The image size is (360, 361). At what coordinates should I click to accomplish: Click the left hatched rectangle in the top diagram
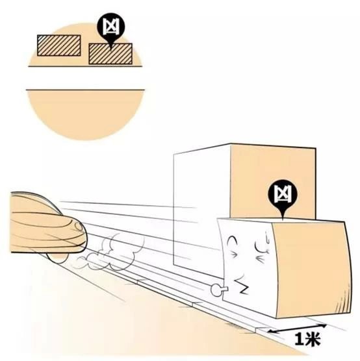click(x=59, y=45)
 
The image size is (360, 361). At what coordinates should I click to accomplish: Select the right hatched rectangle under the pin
click(x=110, y=54)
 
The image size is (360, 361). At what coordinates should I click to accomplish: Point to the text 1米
click(x=307, y=339)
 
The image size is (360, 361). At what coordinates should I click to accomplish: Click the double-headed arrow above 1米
click(x=297, y=329)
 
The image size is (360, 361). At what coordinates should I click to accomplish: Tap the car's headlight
click(x=79, y=227)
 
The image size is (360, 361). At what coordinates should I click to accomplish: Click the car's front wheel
click(x=57, y=258)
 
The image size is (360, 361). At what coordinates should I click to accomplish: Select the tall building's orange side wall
click(x=273, y=182)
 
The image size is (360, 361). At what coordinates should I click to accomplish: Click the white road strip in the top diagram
click(x=85, y=78)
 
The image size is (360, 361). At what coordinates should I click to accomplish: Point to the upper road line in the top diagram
click(x=85, y=66)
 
